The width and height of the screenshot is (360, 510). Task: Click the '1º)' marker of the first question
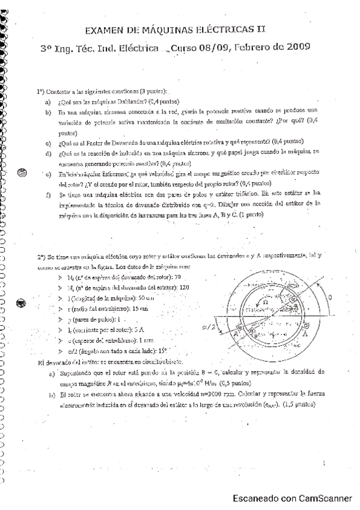40,91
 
